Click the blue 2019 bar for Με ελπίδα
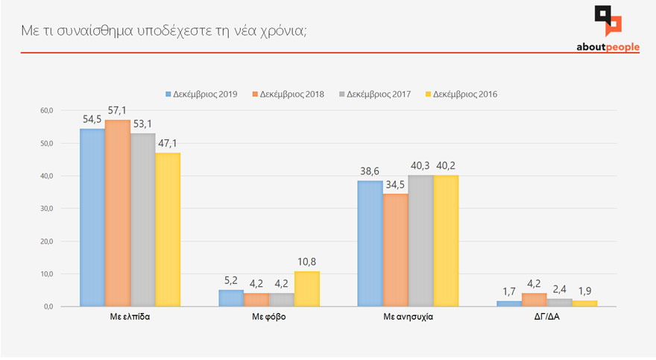(x=92, y=218)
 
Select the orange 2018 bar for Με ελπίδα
(x=117, y=213)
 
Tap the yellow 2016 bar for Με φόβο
(x=306, y=288)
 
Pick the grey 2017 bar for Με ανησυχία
(x=420, y=241)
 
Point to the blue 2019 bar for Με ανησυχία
(x=370, y=243)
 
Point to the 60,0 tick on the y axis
(x=46, y=110)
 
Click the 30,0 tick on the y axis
(x=46, y=209)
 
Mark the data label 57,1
(x=119, y=111)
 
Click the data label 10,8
(x=307, y=262)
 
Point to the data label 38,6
(x=370, y=171)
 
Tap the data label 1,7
(x=510, y=292)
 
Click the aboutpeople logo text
(x=608, y=47)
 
